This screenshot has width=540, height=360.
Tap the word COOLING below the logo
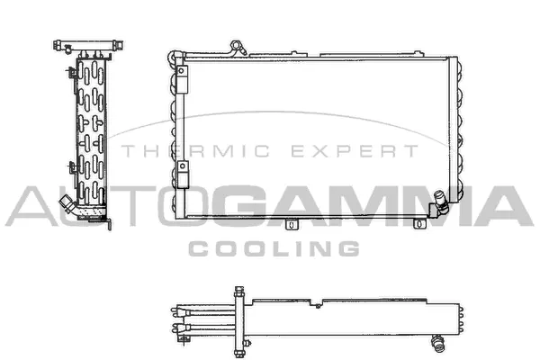click(x=273, y=247)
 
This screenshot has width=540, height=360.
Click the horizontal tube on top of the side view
click(x=86, y=42)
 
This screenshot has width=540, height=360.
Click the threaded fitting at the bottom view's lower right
click(x=437, y=339)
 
